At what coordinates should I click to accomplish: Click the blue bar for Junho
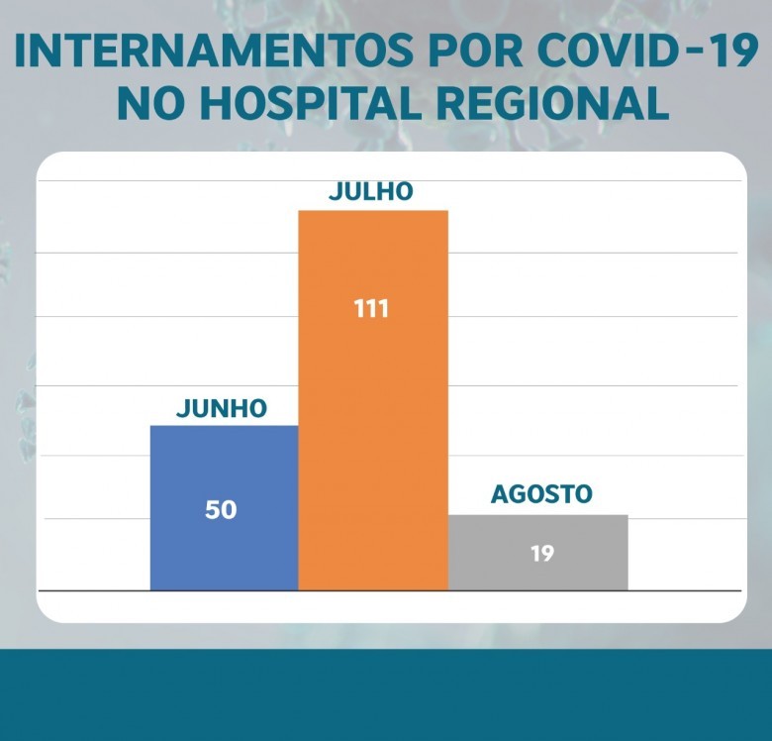tap(224, 466)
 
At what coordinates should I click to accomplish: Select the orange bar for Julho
tap(373, 416)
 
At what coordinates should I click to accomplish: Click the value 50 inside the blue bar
tap(221, 510)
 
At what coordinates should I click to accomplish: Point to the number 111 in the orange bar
tap(371, 308)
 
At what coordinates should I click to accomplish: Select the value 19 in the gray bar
tap(541, 553)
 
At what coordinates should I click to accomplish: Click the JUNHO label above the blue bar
tap(222, 408)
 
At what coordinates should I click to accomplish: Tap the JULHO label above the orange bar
tap(371, 192)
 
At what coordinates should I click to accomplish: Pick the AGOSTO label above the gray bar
tap(541, 494)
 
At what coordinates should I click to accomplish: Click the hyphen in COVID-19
tap(684, 55)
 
